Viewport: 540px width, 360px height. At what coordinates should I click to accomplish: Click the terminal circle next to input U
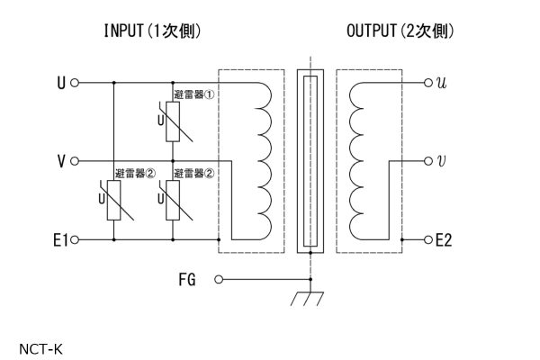75,83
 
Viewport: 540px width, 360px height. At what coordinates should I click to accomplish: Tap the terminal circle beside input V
75,161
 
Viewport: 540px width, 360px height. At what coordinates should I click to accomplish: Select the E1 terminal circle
75,239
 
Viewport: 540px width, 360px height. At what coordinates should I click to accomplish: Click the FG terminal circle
219,279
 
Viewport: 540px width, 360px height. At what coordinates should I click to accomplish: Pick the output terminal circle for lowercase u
428,83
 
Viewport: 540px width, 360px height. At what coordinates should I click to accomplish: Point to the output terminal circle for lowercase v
428,161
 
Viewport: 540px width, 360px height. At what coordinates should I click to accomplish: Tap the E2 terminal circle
428,239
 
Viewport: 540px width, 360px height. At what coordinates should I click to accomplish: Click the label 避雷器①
193,94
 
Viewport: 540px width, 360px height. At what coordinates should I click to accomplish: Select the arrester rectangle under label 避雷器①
173,121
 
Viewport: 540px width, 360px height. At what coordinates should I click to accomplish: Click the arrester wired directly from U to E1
113,200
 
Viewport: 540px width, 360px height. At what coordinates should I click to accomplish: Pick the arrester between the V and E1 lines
173,200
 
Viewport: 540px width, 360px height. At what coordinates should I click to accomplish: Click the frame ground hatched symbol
307,298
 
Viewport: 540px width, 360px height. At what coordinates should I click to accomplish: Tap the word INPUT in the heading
123,31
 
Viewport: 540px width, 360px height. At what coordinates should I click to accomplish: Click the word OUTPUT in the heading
371,31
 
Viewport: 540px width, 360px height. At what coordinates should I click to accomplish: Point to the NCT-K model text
40,349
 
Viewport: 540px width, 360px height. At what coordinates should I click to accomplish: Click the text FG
187,279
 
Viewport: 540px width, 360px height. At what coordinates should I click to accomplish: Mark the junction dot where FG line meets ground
310,279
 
